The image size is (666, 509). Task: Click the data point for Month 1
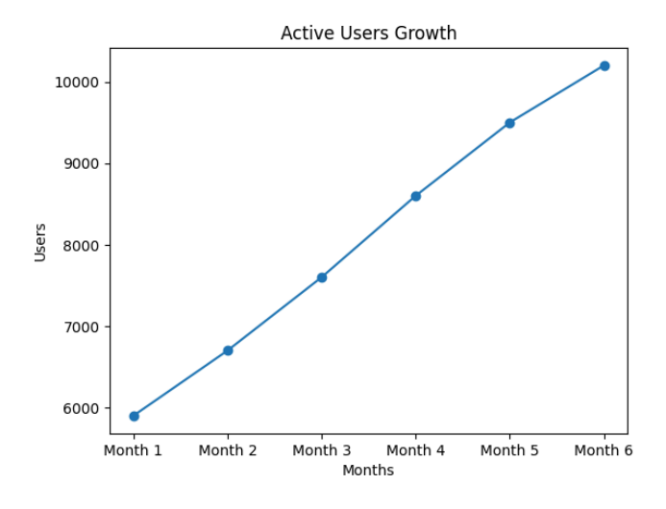coord(134,416)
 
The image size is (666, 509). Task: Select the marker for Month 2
coord(228,351)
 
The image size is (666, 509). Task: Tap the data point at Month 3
coord(322,278)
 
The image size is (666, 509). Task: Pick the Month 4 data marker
coord(416,196)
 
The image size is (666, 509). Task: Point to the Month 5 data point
coord(510,123)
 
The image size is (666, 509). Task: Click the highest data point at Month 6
coord(604,65)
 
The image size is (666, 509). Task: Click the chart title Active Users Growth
coord(368,34)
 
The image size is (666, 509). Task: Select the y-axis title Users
coord(40,242)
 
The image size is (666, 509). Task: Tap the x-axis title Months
coord(368,471)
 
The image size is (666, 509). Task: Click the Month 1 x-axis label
coord(134,450)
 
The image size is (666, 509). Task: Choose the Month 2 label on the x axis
coord(228,450)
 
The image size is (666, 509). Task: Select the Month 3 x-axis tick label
coord(322,450)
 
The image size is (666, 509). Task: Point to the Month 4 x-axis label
coord(416,450)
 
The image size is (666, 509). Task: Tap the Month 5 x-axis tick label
coord(510,450)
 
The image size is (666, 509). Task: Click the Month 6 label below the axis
coord(604,450)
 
